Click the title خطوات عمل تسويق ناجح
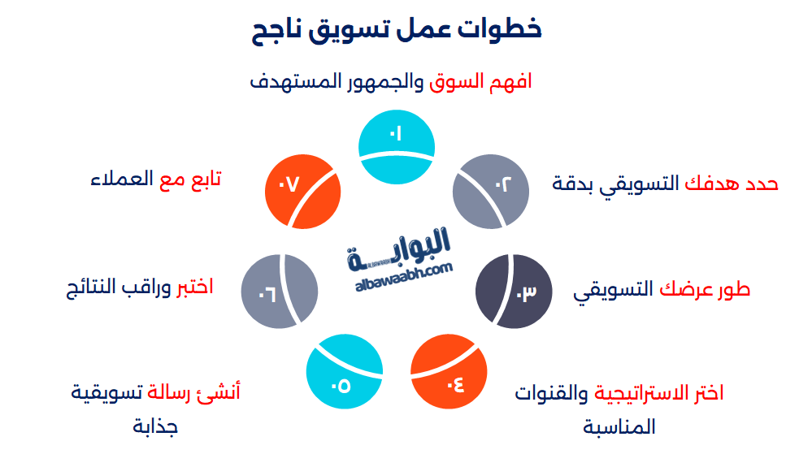click(x=398, y=31)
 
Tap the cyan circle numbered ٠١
click(x=396, y=146)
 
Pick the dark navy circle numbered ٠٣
click(x=513, y=290)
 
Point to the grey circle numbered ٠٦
click(x=279, y=290)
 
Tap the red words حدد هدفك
click(x=732, y=184)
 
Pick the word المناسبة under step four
click(x=619, y=426)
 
